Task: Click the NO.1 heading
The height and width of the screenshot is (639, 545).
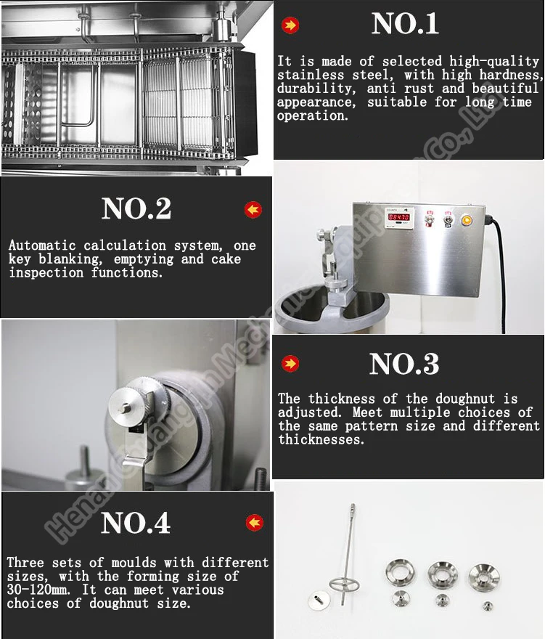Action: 405,24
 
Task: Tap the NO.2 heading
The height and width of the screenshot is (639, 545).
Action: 136,208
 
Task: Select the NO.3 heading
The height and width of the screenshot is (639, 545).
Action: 404,364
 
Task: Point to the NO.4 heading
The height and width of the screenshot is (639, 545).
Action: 135,523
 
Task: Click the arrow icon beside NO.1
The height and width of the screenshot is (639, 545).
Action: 290,25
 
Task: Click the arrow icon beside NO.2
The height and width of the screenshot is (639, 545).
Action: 253,210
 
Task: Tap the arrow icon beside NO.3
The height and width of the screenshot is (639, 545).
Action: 290,364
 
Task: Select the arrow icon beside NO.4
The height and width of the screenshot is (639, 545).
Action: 255,522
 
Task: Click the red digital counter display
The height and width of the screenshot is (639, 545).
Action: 398,217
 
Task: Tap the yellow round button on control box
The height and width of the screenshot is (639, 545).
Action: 467,221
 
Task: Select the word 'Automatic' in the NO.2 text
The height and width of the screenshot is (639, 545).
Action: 42,245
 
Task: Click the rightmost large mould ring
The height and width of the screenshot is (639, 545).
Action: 484,575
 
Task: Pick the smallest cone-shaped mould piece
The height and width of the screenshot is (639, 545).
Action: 488,606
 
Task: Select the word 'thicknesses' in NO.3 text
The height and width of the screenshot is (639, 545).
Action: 320,440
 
